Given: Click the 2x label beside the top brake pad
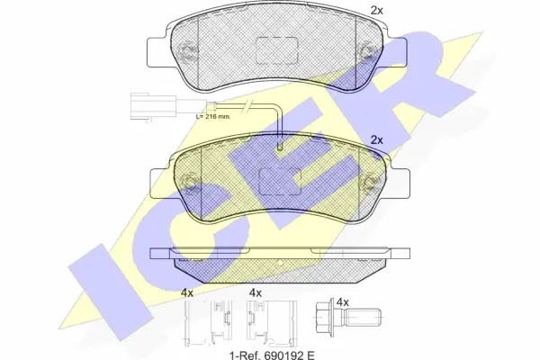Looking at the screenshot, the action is point(376,11).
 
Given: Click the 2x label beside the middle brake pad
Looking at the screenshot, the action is point(377,140).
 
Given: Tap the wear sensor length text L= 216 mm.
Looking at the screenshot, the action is point(213,116).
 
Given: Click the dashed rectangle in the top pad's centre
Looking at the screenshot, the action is point(276,50).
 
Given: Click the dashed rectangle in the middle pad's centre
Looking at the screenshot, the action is point(280,181).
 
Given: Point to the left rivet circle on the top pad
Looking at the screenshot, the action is point(188,51).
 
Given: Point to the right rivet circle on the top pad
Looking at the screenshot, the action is point(366,51).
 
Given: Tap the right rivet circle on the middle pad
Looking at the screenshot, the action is point(370,183).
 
